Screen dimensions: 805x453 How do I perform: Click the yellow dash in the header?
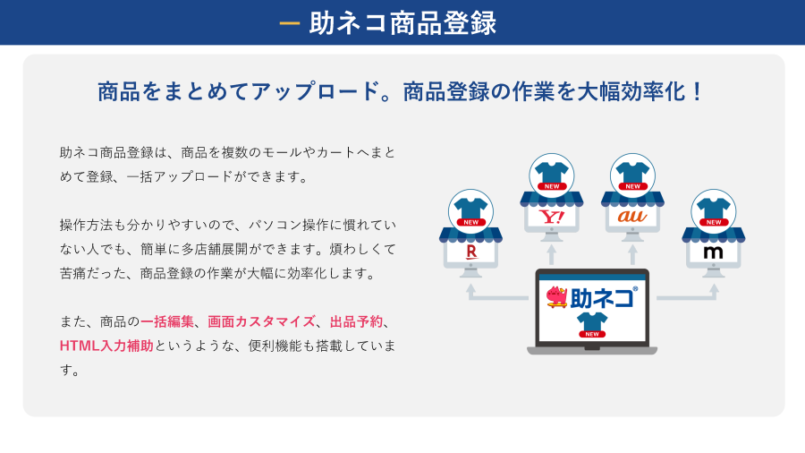[x=290, y=23]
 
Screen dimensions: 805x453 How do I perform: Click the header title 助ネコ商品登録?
[x=402, y=23]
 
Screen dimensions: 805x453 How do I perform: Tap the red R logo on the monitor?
[x=470, y=252]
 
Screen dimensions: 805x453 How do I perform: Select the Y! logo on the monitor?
[x=551, y=217]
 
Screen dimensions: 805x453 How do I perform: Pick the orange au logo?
[x=632, y=217]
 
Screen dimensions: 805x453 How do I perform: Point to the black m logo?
[x=713, y=252]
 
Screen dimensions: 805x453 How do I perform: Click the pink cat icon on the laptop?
[x=557, y=297]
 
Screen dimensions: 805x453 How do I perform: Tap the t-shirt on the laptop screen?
[x=592, y=325]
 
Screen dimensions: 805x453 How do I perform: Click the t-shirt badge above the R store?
[x=470, y=211]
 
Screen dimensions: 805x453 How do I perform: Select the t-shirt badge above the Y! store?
[x=551, y=175]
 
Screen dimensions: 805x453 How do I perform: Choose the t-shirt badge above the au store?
[x=632, y=175]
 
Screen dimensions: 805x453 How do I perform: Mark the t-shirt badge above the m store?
[x=714, y=211]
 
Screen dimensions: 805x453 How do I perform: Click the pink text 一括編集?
[x=167, y=321]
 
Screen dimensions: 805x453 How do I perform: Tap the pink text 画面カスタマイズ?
[x=261, y=321]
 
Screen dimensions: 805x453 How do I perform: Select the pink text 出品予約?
[x=356, y=321]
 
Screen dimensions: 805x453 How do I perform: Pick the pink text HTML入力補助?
[x=106, y=346]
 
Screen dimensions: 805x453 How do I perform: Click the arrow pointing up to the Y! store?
[x=551, y=254]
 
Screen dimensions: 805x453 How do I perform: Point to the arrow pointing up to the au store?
[x=632, y=254]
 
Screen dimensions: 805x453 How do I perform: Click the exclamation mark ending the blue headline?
[x=697, y=91]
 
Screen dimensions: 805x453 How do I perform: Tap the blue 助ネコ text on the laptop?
[x=603, y=297]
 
